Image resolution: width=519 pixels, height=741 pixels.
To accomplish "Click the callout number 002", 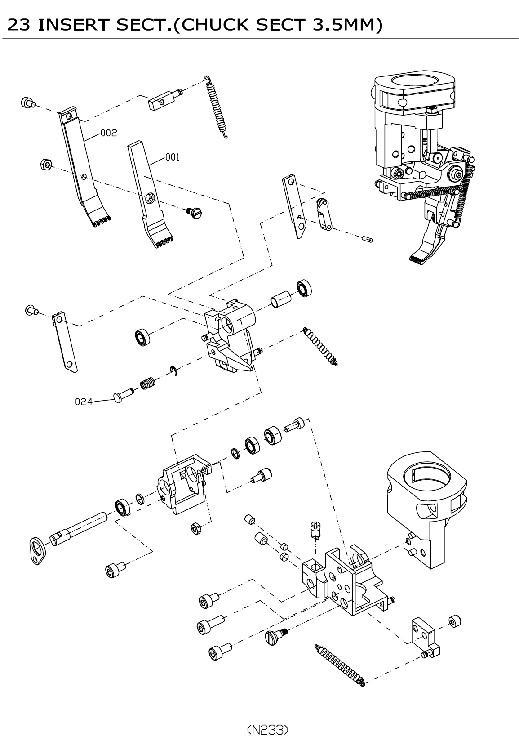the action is [x=109, y=133].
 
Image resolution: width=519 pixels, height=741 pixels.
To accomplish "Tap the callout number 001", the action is [x=172, y=157].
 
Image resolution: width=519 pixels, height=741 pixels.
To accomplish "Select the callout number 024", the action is [x=84, y=402].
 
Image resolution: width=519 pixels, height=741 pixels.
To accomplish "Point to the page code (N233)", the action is [x=268, y=729].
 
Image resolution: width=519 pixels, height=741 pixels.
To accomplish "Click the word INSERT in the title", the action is [x=73, y=25].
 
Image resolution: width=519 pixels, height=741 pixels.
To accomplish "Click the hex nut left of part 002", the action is [x=46, y=164].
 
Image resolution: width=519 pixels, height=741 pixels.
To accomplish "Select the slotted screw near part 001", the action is [x=195, y=212].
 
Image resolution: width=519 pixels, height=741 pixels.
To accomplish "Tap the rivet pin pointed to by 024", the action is [x=123, y=395].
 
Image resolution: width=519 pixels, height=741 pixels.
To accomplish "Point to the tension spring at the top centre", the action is [x=216, y=107].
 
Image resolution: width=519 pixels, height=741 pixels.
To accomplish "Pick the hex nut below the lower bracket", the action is [x=196, y=529].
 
